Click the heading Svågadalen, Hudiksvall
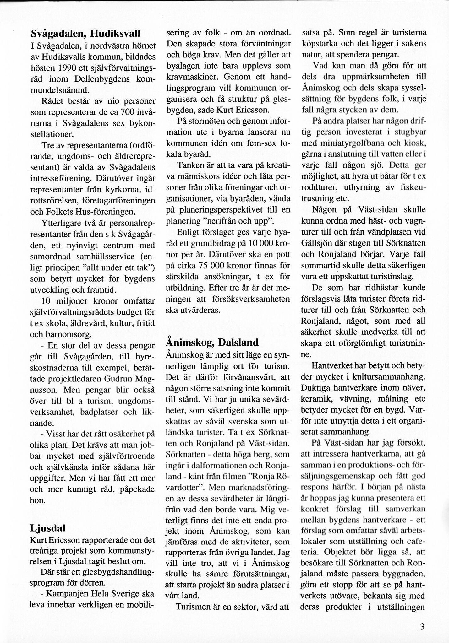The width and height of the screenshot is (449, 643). pyautogui.click(x=85, y=33)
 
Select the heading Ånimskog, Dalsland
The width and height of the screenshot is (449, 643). pyautogui.click(x=212, y=342)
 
